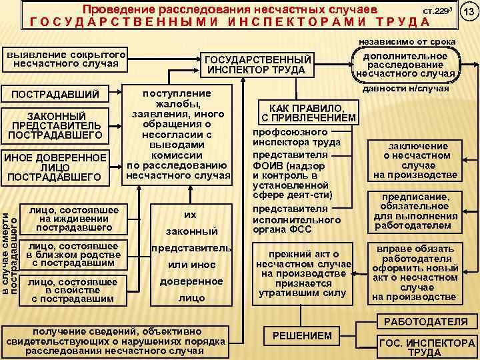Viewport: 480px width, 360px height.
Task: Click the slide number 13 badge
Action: (x=469, y=14)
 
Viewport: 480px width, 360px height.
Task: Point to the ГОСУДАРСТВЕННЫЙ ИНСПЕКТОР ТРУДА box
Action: (x=257, y=65)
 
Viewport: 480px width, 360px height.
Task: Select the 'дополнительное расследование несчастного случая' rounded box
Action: (x=405, y=65)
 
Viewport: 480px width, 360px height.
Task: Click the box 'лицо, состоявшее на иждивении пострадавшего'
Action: (x=73, y=217)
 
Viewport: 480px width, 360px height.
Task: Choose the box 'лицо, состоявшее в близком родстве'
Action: (x=73, y=255)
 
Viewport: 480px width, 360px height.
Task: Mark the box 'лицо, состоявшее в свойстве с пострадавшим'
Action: (x=73, y=290)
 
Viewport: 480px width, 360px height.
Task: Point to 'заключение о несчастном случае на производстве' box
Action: (x=414, y=161)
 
